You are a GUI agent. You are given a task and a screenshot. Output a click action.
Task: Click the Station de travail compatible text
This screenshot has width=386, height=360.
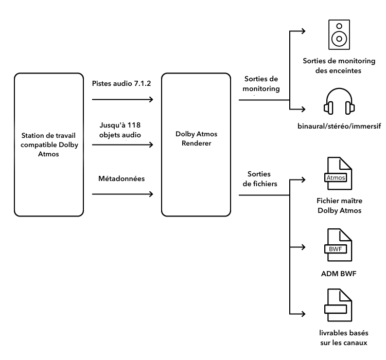[x=49, y=144]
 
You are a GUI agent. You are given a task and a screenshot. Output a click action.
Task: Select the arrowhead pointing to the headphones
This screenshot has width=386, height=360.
[x=304, y=109]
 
